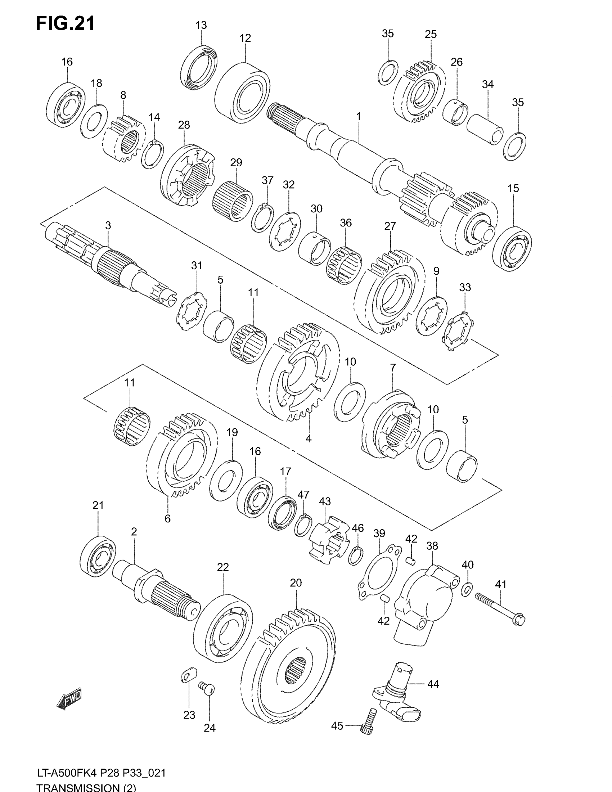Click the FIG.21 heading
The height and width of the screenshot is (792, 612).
(x=65, y=24)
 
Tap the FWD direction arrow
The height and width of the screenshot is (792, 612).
(x=69, y=697)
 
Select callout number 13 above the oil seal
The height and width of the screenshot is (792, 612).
(x=201, y=26)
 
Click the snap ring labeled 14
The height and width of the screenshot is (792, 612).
(x=152, y=154)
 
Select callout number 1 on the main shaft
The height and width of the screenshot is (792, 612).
(x=359, y=117)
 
